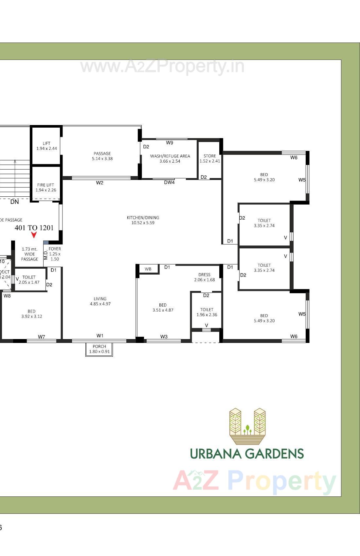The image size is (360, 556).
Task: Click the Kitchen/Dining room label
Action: (143, 220)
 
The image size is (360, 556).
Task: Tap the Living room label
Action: (100, 301)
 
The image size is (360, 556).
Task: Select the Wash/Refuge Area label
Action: (170, 158)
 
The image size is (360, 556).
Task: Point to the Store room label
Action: (210, 158)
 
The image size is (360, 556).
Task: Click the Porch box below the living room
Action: (99, 349)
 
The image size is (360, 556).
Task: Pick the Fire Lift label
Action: (46, 187)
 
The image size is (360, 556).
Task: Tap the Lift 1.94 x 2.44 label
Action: (46, 146)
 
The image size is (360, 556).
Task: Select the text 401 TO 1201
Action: (34, 228)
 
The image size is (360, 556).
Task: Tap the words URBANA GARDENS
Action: (247, 454)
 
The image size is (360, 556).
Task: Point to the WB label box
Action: (148, 269)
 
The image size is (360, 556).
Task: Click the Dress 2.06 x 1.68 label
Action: (205, 277)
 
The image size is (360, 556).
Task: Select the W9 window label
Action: (170, 143)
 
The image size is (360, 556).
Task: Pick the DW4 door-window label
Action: (169, 183)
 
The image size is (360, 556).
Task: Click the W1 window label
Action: (100, 336)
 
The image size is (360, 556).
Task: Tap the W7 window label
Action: (42, 337)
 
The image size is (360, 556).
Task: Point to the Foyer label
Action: (55, 254)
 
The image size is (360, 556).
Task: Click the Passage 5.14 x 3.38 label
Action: (102, 156)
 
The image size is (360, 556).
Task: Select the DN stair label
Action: (14, 202)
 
